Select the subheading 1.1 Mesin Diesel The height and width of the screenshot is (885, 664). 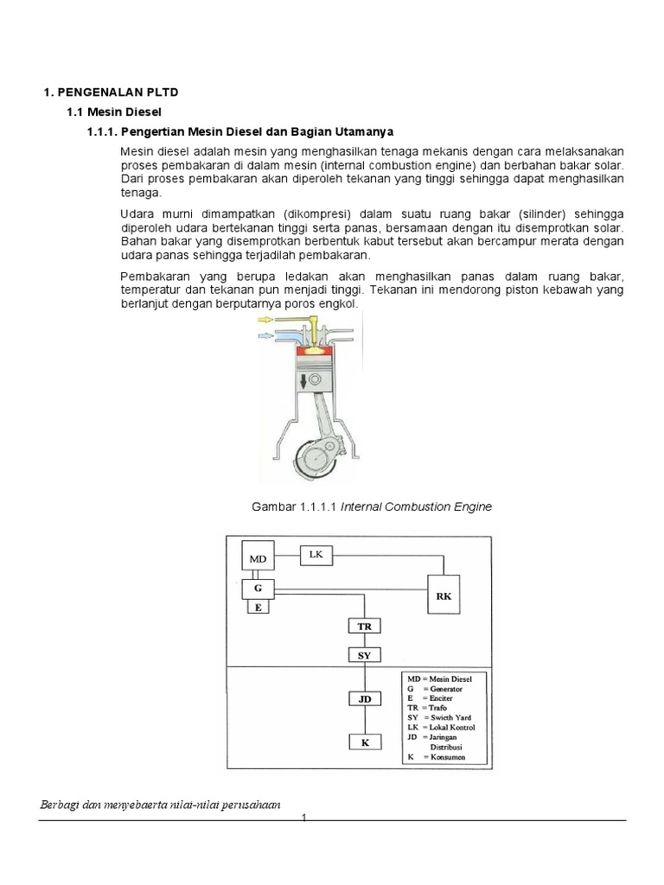pos(114,112)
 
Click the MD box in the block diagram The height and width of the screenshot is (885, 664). pos(258,559)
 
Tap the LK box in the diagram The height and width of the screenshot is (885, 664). pos(316,555)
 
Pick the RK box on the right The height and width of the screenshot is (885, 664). pos(444,595)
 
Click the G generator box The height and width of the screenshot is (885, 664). pos(258,589)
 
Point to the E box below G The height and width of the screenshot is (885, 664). pos(258,608)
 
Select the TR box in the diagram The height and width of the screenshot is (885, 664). pos(364,626)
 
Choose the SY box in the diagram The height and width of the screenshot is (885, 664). pos(364,655)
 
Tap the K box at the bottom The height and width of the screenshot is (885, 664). pos(364,742)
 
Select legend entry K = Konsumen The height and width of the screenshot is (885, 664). pos(442,756)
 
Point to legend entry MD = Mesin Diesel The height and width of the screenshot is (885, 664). pos(442,679)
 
